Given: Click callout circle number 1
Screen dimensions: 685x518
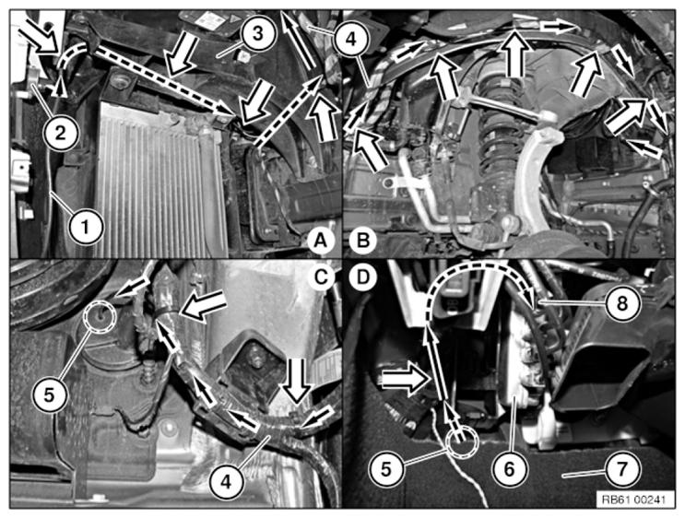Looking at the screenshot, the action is point(86,228).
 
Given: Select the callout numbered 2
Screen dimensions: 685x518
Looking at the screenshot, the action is point(61,133).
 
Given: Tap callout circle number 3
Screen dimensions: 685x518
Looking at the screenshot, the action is point(259,34).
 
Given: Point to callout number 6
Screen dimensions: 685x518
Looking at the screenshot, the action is point(510,469).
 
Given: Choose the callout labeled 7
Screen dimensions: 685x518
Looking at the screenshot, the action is point(622,469).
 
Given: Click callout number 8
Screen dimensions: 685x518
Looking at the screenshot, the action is point(622,303).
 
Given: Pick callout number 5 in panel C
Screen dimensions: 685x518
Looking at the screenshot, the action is point(50,394).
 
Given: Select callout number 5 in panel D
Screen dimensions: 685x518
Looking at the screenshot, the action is point(386,469).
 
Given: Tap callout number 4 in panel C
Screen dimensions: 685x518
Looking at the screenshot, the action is point(226,483).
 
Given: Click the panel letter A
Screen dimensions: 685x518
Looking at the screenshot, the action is point(321,241).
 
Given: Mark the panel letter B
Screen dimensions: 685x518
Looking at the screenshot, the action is point(362,241).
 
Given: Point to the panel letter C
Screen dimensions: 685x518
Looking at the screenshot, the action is point(321,277).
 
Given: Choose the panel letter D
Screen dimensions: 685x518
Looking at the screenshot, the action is point(362,277).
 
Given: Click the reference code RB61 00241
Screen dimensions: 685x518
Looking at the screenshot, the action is point(633,499).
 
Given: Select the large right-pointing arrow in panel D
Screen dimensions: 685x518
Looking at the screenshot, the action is point(403,378).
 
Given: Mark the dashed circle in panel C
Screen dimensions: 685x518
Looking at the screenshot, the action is point(100,315).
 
